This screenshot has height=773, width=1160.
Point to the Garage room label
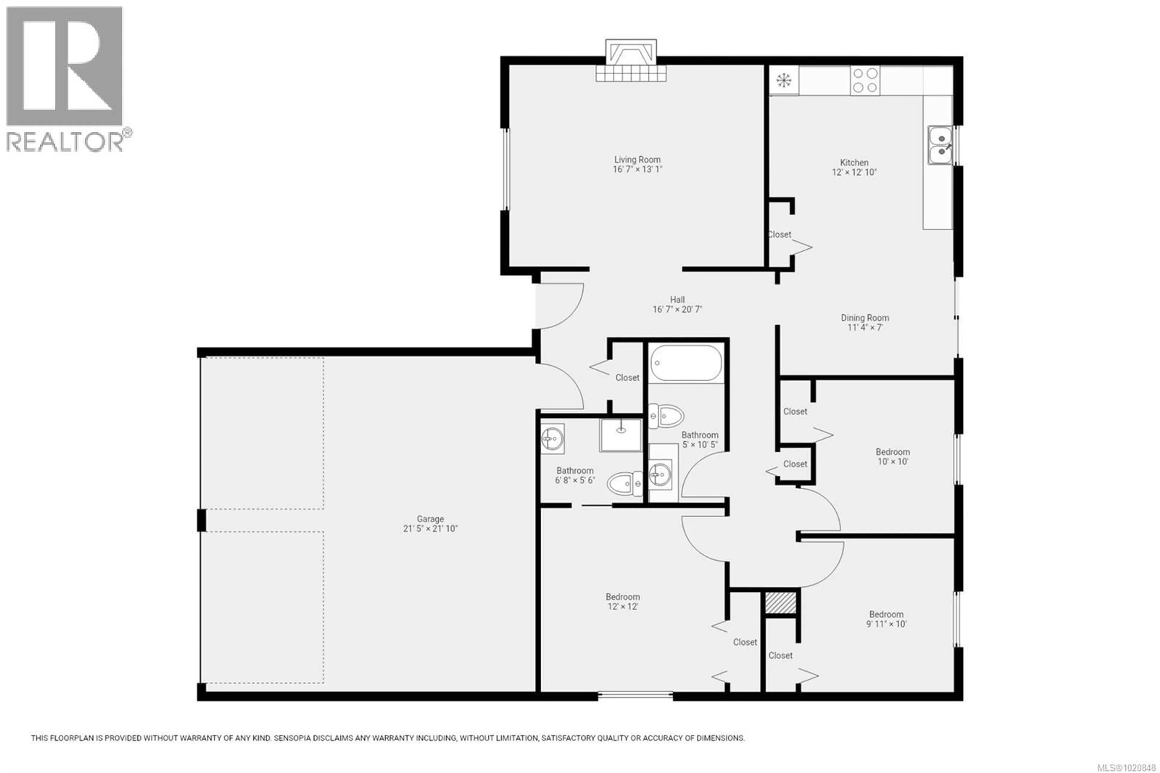pyautogui.click(x=430, y=519)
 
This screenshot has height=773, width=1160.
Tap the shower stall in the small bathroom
pyautogui.click(x=621, y=435)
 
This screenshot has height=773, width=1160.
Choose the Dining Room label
pyautogui.click(x=865, y=318)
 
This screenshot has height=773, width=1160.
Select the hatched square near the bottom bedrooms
pyautogui.click(x=781, y=603)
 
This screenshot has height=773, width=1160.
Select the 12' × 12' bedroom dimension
pyautogui.click(x=623, y=607)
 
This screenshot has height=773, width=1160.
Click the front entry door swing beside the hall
pyautogui.click(x=559, y=306)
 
